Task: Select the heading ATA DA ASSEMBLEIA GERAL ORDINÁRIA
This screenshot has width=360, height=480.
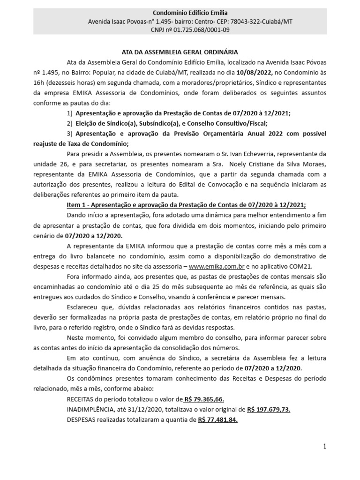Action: (180, 52)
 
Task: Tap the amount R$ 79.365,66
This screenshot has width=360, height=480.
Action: (204, 399)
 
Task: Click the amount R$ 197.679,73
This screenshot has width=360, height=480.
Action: (269, 409)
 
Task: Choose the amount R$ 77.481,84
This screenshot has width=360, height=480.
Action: (217, 420)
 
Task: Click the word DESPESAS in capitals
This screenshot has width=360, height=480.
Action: (83, 420)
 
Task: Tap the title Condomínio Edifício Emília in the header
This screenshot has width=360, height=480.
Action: (180, 13)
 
